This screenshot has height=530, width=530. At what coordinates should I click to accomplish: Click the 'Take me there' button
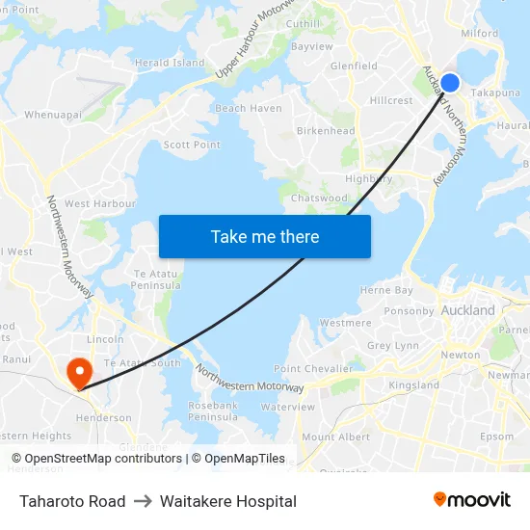pyautogui.click(x=265, y=236)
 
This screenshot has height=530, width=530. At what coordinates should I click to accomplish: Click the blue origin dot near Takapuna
pyautogui.click(x=449, y=83)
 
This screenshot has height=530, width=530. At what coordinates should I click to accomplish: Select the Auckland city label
pyautogui.click(x=467, y=310)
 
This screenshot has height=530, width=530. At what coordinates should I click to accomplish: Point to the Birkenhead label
pyautogui.click(x=326, y=131)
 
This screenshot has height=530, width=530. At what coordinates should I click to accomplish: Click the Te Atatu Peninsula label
pyautogui.click(x=156, y=279)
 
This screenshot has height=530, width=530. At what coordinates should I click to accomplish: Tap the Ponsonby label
pyautogui.click(x=410, y=311)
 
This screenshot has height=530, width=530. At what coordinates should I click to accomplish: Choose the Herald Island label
pyautogui.click(x=171, y=63)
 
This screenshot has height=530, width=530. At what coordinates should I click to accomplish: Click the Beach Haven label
pyautogui.click(x=249, y=109)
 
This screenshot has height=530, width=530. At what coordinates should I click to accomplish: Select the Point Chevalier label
pyautogui.click(x=313, y=369)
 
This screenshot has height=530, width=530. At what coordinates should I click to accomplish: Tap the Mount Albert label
pyautogui.click(x=335, y=437)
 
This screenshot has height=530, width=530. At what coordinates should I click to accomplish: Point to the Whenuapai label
pyautogui.click(x=53, y=114)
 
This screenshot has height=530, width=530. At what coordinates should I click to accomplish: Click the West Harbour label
pyautogui.click(x=100, y=204)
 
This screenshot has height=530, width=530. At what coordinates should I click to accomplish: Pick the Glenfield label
pyautogui.click(x=354, y=66)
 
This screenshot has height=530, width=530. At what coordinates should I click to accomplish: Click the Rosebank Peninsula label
pyautogui.click(x=213, y=411)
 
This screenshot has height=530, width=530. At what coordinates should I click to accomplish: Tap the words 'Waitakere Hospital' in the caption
pyautogui.click(x=228, y=501)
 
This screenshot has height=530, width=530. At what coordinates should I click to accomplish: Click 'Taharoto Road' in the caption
pyautogui.click(x=72, y=501)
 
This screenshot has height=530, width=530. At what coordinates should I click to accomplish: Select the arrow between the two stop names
pyautogui.click(x=143, y=501)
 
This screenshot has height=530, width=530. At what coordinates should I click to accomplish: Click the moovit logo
pyautogui.click(x=472, y=499)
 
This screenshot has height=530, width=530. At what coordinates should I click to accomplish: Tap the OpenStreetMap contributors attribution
pyautogui.click(x=97, y=459)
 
